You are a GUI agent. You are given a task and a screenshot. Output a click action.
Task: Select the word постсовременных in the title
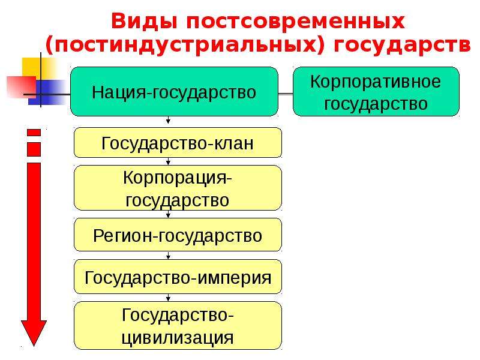tap(295, 22)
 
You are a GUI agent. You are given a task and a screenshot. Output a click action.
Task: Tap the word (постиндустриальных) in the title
tap(185, 46)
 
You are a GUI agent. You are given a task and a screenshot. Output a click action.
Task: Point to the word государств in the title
tap(402, 46)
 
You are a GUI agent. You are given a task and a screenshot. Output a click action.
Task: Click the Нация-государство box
tap(174, 92)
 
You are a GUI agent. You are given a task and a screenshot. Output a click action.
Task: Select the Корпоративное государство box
tap(376, 92)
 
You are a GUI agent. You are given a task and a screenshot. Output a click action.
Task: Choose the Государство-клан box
tap(178, 143)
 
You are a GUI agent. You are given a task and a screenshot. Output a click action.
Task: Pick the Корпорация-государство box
tap(178, 188)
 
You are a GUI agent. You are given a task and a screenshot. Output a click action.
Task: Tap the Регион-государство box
tap(178, 235)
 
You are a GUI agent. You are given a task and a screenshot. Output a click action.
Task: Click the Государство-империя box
tap(178, 277)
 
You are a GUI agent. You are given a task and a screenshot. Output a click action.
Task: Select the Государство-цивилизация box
tap(178, 325)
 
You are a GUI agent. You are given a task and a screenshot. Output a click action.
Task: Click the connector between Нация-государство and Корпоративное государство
tap(286, 94)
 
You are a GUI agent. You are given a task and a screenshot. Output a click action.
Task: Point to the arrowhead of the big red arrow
tap(34, 333)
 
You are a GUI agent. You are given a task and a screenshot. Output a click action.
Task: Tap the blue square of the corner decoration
tap(49, 92)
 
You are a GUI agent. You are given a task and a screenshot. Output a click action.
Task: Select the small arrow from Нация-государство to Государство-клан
tap(168, 120)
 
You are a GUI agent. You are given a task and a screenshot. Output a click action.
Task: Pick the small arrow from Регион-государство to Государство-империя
tap(168, 256)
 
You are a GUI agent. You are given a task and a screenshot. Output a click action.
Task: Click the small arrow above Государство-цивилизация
tap(168, 298)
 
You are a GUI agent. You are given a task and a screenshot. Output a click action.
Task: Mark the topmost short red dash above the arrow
tap(34, 133)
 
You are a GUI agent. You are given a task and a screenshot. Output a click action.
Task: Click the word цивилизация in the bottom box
tap(178, 338)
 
